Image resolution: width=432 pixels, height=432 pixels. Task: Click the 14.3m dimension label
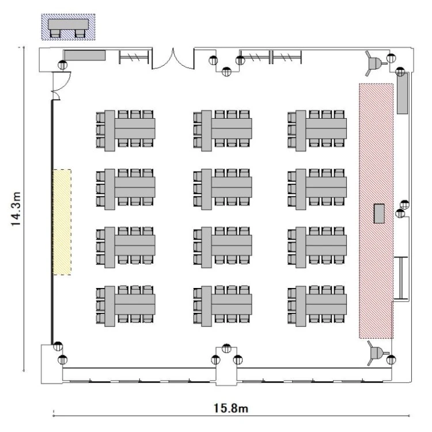pyautogui.click(x=16, y=209)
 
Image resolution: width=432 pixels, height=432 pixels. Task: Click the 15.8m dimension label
pyautogui.click(x=231, y=408)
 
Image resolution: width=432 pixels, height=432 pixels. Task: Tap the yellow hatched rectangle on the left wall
pyautogui.click(x=62, y=222)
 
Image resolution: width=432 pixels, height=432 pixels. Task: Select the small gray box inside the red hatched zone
pyautogui.click(x=379, y=213)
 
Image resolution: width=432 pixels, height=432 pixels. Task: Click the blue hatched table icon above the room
pyautogui.click(x=69, y=27)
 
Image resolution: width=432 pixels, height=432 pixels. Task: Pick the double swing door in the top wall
pyautogui.click(x=173, y=59)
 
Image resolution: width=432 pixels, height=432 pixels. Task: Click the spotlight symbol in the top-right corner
pyautogui.click(x=375, y=63)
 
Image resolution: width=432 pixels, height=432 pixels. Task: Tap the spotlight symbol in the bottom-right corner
pyautogui.click(x=377, y=353)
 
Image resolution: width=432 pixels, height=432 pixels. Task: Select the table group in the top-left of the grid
pyautogui.click(x=126, y=131)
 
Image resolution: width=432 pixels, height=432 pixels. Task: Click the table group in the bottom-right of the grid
pyautogui.click(x=317, y=306)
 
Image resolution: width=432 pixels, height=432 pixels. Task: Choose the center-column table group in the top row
pyautogui.click(x=222, y=131)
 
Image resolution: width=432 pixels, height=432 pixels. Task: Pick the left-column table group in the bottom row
pyautogui.click(x=126, y=306)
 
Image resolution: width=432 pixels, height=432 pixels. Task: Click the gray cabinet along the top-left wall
pyautogui.click(x=85, y=55)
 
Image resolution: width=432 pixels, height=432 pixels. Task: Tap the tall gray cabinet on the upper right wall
pyautogui.click(x=402, y=93)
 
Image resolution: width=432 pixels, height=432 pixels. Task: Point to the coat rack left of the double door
pyautogui.click(x=134, y=57)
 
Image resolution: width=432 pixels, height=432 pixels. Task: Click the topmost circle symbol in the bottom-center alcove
pyautogui.click(x=226, y=348)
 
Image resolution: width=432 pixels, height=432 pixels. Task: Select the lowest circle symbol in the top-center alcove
pyautogui.click(x=226, y=71)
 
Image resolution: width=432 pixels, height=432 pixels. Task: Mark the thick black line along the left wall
pyautogui.click(x=52, y=222)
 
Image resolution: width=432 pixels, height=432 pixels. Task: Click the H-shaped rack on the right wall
pyautogui.click(x=400, y=278)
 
